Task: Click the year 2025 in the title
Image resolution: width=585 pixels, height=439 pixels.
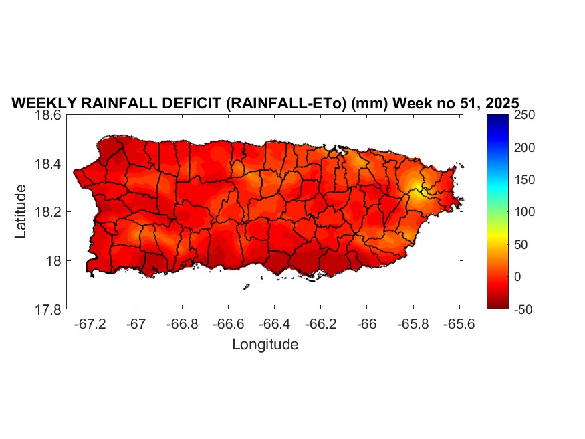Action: pyautogui.click(x=499, y=104)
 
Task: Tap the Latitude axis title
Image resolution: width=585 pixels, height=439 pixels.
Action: pyautogui.click(x=21, y=211)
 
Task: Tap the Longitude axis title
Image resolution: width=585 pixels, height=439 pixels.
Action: pyautogui.click(x=265, y=345)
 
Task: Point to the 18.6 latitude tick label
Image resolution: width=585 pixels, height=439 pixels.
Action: pyautogui.click(x=49, y=115)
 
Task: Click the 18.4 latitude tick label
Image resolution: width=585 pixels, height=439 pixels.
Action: pyautogui.click(x=49, y=164)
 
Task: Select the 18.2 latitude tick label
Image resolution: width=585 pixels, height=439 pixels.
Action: pyautogui.click(x=49, y=212)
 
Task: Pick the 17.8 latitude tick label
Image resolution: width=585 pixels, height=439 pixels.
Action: pyautogui.click(x=49, y=309)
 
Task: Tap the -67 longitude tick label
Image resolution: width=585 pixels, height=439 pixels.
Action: pyautogui.click(x=136, y=324)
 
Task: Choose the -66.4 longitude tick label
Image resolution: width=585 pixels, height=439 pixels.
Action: pyautogui.click(x=274, y=324)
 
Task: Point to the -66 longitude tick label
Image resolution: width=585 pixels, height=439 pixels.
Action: pyautogui.click(x=366, y=324)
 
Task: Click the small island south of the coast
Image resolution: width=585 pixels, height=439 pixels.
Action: pyautogui.click(x=246, y=287)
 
